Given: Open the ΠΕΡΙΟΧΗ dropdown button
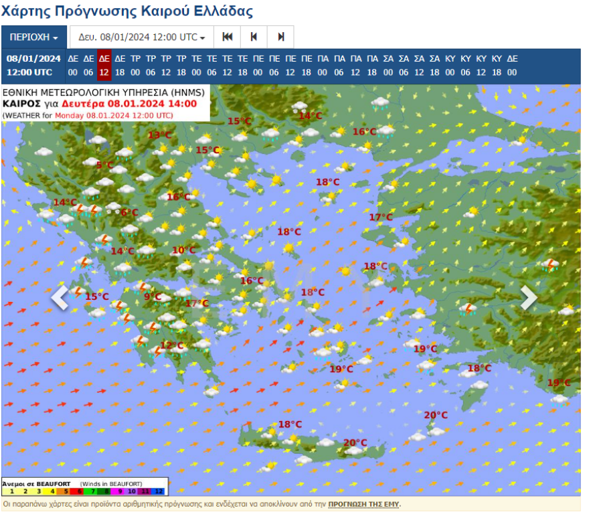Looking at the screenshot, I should (34, 37).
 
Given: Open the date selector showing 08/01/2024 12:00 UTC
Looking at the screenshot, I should (142, 37).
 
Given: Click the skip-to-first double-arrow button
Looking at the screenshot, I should (227, 37).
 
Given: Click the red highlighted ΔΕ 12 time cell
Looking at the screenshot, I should (104, 65).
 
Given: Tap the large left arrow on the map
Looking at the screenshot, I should (60, 298).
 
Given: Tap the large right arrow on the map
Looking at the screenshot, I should (529, 298).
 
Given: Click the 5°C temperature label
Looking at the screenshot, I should (105, 165).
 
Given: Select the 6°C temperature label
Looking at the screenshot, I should (129, 213).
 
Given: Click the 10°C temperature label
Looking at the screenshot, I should (183, 251).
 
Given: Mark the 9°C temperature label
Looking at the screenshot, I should (153, 297).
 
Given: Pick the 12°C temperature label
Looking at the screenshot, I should (172, 346).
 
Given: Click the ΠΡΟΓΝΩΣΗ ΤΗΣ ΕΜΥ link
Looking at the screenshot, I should (364, 504).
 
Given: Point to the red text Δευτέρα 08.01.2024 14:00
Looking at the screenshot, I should (129, 104).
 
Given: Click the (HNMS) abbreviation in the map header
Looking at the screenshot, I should (189, 92).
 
